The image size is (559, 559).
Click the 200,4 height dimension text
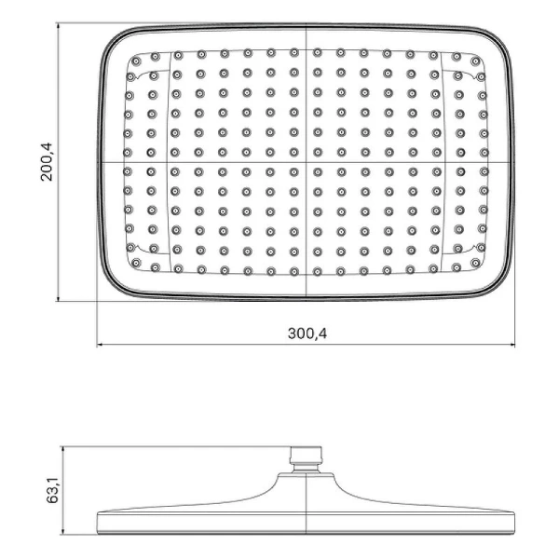pos(48,161)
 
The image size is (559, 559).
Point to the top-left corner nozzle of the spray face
pos(135,61)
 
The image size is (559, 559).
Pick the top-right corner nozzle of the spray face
pos(479,61)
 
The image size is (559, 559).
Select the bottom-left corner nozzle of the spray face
pos(135,264)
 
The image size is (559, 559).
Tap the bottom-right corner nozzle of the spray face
pos(479,264)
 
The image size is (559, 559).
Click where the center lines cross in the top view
pos(307,163)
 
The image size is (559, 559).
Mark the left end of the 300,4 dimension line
pos(98,346)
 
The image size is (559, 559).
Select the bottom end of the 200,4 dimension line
pos(60,301)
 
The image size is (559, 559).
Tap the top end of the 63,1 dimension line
pos(61,446)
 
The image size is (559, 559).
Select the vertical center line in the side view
pos(306,494)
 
